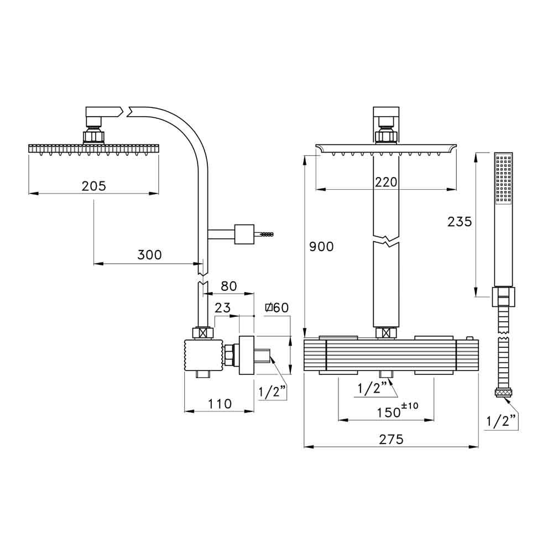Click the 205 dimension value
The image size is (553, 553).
tap(93, 186)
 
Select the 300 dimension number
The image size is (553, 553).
tap(149, 255)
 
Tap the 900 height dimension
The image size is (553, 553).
tap(321, 247)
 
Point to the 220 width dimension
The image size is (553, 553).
tap(386, 182)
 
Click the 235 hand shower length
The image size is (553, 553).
tap(460, 222)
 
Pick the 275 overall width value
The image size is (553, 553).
tap(391, 439)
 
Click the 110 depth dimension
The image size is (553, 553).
tap(220, 404)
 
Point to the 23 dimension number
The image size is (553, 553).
tap(224, 309)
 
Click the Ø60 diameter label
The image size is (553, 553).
tap(276, 309)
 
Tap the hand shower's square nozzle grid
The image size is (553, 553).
tap(504, 178)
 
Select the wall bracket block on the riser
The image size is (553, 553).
tap(244, 233)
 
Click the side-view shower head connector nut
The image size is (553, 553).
tap(93, 136)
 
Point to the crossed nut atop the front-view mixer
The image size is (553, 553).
tap(386, 333)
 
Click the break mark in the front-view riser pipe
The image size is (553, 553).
tap(386, 242)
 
